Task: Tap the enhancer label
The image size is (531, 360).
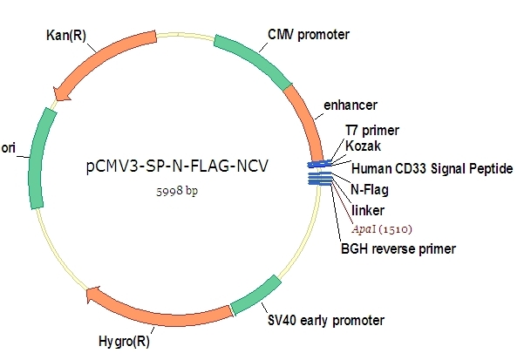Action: [350, 105]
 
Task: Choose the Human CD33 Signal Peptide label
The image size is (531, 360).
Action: [432, 167]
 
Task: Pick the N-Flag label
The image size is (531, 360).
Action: [369, 189]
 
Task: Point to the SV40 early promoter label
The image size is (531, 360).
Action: [325, 319]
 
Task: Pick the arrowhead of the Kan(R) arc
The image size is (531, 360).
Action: [61, 91]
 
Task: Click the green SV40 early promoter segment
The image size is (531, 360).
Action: [257, 294]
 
